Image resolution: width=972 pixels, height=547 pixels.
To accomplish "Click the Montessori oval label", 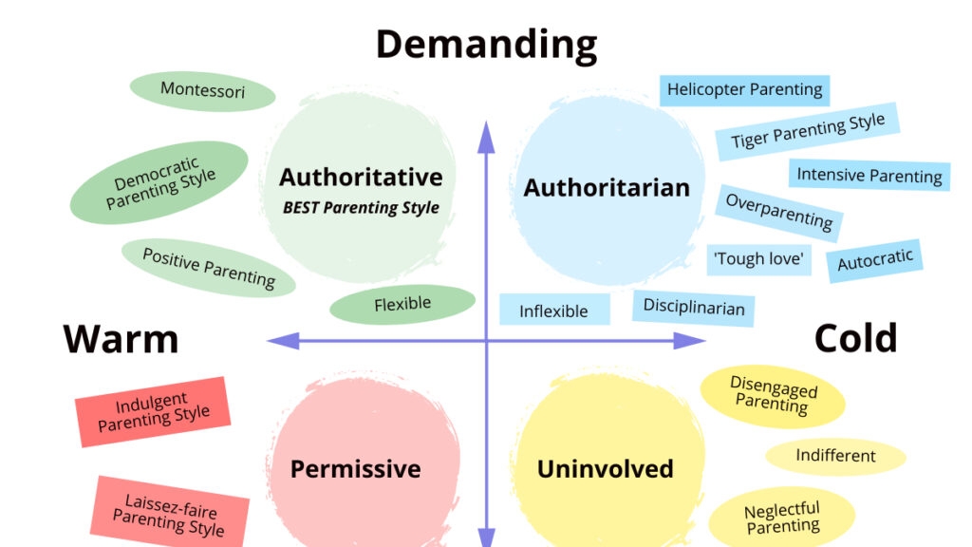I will coord(202,91).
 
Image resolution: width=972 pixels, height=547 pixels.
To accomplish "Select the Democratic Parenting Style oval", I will coord(159,182).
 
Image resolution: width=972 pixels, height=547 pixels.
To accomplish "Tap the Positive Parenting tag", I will coord(209,268).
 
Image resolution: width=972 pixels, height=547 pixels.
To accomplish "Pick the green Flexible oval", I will coord(402,305).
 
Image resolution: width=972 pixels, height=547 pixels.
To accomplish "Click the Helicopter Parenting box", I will coord(744,90).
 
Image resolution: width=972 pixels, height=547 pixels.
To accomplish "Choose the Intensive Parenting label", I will coord(869,175).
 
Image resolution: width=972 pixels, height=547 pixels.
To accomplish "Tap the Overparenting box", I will coord(778,213).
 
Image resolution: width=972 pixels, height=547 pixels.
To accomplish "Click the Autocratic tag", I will coord(874,259).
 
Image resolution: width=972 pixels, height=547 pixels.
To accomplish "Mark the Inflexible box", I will coord(553,311).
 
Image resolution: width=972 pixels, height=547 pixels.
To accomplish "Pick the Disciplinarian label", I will coord(694,307).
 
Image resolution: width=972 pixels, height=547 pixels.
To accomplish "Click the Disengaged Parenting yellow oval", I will coord(773,396).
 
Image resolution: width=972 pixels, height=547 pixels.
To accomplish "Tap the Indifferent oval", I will coord(835,456).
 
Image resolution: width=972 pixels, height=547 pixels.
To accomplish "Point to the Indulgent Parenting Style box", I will coord(153,411).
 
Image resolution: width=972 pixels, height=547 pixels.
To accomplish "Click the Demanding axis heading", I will coord(486,45).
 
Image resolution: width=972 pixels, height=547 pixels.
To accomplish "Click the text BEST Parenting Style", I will coord(361,207).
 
